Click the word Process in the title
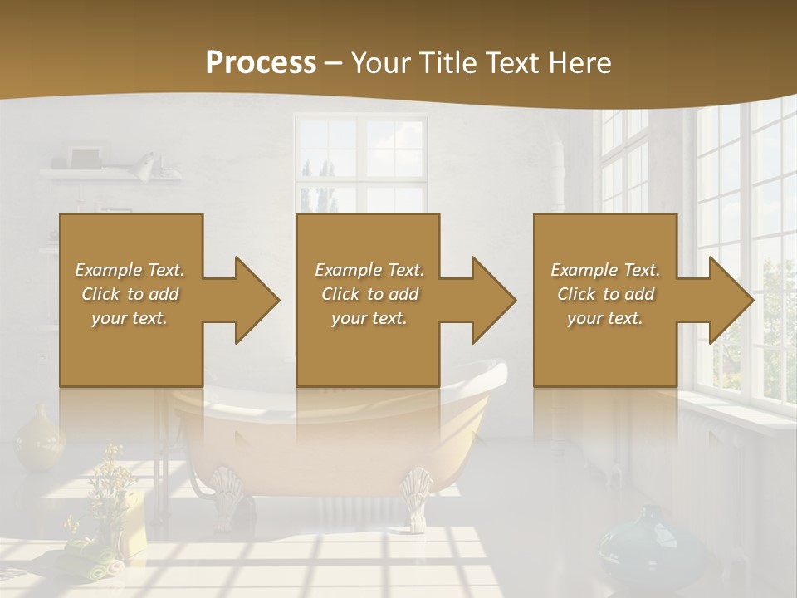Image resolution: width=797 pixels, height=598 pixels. click(x=261, y=62)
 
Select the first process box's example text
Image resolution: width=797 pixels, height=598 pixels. click(x=130, y=294)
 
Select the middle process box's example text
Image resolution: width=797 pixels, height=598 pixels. click(x=369, y=294)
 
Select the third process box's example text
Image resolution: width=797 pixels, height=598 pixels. click(x=605, y=294)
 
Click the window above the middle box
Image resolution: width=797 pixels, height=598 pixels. click(x=361, y=162)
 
